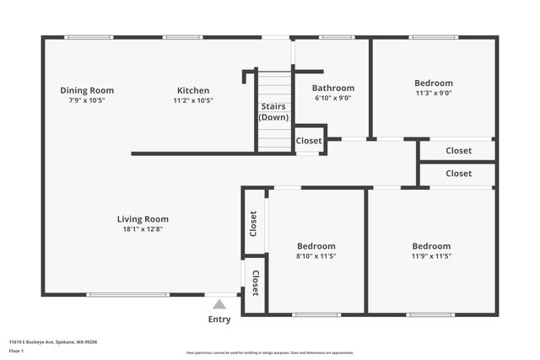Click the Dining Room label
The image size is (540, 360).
coord(87,90)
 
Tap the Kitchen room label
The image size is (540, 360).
coord(193,90)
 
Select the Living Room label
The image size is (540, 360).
coord(143,219)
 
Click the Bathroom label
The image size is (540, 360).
coord(333,88)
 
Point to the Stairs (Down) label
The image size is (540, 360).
coord(273,112)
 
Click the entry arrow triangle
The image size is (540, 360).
coord(219,304)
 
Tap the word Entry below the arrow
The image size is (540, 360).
coord(219,320)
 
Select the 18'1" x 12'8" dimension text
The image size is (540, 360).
coord(143,229)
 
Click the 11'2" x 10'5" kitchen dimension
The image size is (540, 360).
coord(193,100)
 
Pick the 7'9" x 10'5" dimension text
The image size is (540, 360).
coord(87,100)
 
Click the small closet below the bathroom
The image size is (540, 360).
coord(309,141)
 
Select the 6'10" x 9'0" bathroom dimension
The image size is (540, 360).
coord(333,98)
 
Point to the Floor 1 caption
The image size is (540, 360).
coord(17,351)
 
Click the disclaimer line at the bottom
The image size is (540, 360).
coord(270,352)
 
